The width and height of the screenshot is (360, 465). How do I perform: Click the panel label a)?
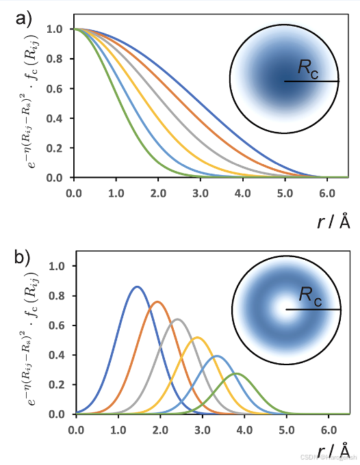click(24, 18)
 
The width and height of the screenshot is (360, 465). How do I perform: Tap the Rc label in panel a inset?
click(308, 67)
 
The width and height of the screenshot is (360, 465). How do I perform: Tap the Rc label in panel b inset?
click(310, 295)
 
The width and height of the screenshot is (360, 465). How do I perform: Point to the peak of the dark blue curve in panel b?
click(137, 287)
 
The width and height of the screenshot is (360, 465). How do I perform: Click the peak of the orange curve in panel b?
click(157, 302)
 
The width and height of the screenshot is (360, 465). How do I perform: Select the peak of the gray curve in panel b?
click(177, 319)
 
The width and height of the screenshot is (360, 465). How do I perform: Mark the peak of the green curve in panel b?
click(236, 373)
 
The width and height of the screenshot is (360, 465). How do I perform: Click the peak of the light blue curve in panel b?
click(217, 356)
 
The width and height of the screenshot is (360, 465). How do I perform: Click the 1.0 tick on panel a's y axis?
click(57, 29)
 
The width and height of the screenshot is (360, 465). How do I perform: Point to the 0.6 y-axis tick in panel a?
click(57, 89)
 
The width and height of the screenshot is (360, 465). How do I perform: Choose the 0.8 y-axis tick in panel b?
click(57, 296)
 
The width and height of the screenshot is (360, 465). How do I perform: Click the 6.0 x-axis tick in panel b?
click(328, 429)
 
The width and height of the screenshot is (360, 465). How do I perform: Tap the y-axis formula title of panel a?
click(27, 103)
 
